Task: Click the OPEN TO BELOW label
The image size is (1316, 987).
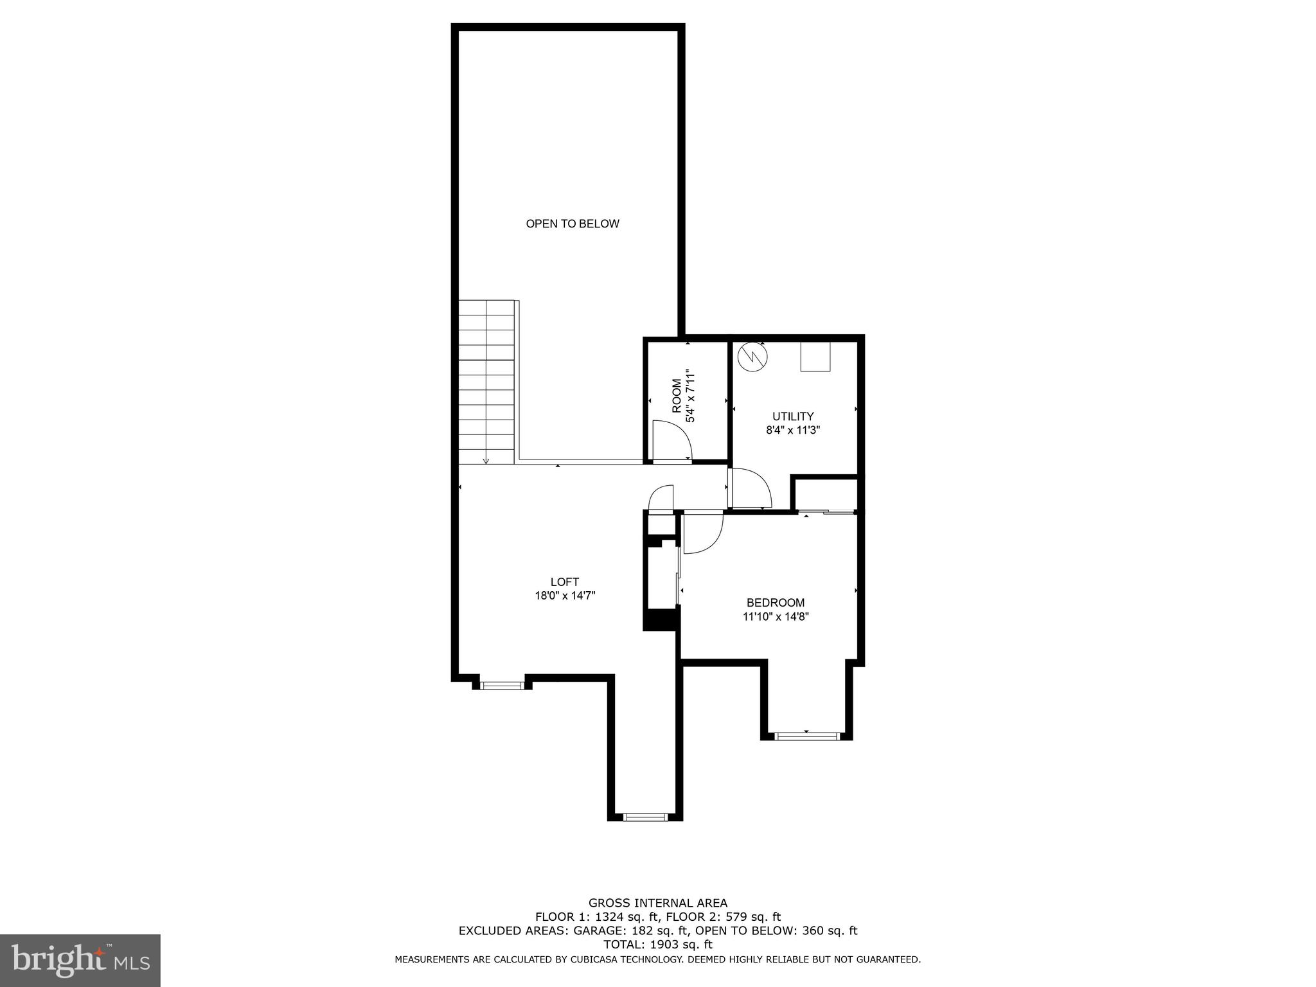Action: coord(573,224)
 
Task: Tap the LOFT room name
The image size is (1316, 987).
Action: coord(565,582)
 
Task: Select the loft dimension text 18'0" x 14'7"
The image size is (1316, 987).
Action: coord(565,596)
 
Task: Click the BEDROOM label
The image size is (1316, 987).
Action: coord(775,603)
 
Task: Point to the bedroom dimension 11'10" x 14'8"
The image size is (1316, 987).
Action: coord(775,617)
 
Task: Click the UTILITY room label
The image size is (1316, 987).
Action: coord(793,416)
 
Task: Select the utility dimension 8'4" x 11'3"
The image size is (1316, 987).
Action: coord(793,431)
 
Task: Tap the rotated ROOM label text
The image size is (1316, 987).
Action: coord(677,396)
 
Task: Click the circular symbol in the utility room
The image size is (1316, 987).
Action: coord(752,357)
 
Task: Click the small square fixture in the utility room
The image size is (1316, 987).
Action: coord(815,356)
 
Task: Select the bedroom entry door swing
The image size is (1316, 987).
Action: coord(702,532)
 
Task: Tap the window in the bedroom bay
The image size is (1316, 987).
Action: coord(807,736)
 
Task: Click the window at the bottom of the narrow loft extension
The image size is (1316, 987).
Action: coord(646,817)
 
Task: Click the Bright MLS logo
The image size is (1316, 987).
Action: coord(80,960)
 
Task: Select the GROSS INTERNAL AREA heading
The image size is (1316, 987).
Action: coord(657,903)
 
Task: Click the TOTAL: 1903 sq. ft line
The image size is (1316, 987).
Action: coord(657,945)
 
